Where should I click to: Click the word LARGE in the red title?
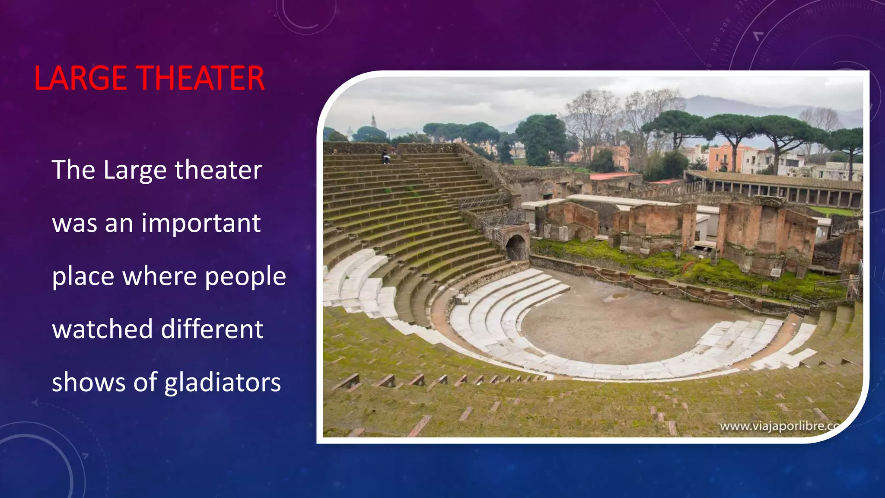pos(80,78)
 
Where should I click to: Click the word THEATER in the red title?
pos(201,78)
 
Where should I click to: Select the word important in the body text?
pos(201,223)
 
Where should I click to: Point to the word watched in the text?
pos(102,329)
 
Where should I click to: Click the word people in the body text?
pos(245,277)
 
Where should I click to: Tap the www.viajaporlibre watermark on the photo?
pos(778,426)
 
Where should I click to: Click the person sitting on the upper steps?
pos(385,157)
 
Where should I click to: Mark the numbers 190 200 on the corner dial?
pos(721,35)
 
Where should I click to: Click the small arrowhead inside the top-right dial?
pos(758,36)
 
